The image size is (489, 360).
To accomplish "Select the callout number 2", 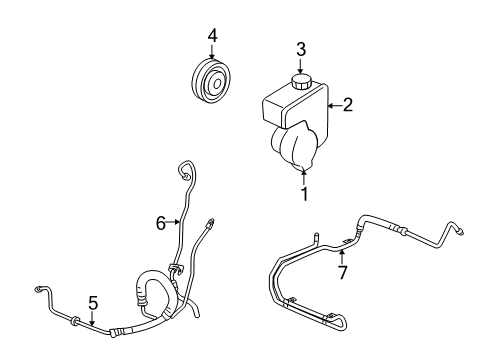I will [x=347, y=105].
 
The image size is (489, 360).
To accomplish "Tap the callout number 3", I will [x=300, y=49].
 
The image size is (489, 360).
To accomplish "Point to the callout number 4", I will [x=212, y=37].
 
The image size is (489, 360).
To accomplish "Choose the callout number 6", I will [x=160, y=223].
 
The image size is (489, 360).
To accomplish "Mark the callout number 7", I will [x=342, y=272].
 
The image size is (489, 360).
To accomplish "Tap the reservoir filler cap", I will [x=300, y=80].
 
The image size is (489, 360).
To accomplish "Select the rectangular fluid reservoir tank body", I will [x=295, y=107].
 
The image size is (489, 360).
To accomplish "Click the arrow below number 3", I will [x=300, y=65].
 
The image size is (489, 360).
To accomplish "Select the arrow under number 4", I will [x=212, y=54].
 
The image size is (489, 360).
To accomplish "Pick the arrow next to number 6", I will [x=174, y=223].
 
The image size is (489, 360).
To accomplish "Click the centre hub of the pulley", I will [x=214, y=84].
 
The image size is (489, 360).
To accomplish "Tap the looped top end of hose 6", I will [x=183, y=169].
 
